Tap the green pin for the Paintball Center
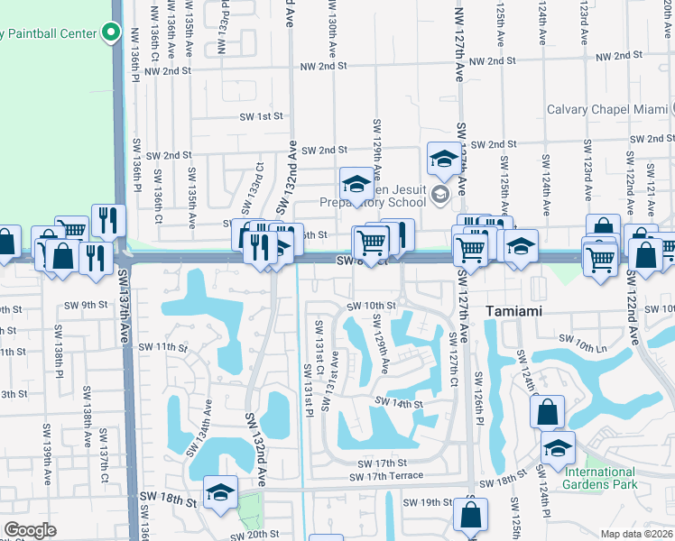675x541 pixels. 112,32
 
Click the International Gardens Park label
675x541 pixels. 601,478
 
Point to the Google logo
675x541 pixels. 30,530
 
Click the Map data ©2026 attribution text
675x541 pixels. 636,534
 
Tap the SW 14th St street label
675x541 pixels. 400,404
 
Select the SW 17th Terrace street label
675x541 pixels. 390,475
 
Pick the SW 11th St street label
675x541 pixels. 162,347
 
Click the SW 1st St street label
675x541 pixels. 261,116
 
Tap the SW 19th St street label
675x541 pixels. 428,502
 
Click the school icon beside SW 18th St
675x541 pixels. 220,492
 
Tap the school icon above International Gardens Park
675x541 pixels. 559,447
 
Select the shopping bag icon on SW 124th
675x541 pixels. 549,413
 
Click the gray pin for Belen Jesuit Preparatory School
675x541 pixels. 439,194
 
